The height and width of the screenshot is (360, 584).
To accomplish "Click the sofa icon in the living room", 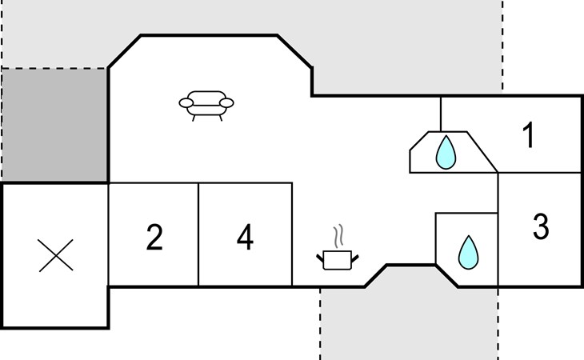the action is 206,106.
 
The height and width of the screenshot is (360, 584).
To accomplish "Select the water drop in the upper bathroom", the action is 446,152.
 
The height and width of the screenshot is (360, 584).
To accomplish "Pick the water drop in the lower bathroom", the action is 468,253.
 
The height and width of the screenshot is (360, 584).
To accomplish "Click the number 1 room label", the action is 529,134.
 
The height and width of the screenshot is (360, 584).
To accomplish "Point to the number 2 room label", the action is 154,237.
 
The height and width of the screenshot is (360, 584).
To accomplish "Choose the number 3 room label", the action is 541,226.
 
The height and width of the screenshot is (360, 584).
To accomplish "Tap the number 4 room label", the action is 245,237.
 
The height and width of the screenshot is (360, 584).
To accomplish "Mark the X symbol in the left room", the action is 56,255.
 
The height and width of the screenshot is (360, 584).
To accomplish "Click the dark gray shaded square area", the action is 54,125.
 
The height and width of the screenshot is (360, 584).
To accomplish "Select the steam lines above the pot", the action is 338,237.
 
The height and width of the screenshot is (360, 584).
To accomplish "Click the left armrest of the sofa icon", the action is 186,102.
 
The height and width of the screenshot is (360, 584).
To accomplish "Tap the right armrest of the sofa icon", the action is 226,102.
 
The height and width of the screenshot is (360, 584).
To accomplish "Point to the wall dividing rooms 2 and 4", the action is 198,234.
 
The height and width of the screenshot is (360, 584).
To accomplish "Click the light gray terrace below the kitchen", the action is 409,317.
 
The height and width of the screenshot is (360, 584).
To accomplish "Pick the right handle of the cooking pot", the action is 355,258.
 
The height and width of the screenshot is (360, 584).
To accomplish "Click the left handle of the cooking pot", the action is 320,258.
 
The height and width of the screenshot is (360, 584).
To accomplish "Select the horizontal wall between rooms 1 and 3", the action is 540,173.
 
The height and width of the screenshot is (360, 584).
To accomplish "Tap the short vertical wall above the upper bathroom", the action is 441,114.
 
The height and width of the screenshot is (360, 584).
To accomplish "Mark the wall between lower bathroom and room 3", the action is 498,250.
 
